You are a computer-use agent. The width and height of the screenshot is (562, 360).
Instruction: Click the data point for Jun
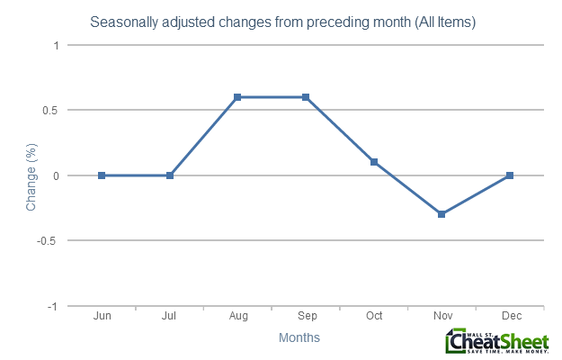(102, 175)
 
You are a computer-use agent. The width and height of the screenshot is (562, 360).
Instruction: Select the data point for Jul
(170, 175)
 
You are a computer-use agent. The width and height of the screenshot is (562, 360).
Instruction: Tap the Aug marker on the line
(237, 97)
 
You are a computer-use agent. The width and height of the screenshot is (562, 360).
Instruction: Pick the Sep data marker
(306, 97)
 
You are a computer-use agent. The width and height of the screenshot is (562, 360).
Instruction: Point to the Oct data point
(373, 162)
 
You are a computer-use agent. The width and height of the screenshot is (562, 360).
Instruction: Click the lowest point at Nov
(442, 214)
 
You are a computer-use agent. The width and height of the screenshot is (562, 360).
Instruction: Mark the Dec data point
(509, 175)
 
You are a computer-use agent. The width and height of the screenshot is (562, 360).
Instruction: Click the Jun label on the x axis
(102, 317)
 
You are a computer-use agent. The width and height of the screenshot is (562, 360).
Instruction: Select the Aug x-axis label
(237, 317)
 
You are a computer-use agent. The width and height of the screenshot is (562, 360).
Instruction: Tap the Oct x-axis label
(373, 317)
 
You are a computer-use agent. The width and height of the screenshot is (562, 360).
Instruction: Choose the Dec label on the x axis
(509, 317)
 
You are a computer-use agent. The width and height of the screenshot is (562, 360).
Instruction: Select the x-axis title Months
(299, 338)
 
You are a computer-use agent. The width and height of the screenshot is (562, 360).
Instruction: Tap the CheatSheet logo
(496, 342)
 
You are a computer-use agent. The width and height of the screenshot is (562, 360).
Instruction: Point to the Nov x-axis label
(442, 317)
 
